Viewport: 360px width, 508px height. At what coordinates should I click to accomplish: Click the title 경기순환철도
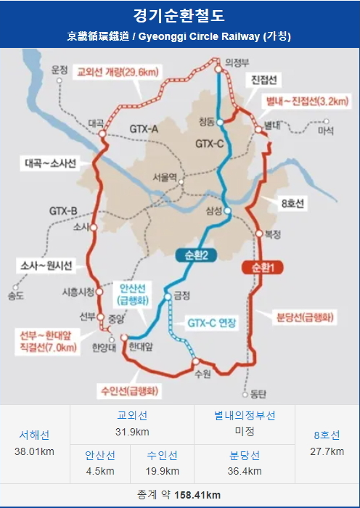[179, 15]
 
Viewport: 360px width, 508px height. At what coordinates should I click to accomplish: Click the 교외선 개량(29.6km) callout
[119, 72]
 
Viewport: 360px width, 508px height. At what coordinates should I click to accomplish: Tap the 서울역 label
[165, 176]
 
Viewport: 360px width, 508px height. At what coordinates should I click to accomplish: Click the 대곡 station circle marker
[102, 134]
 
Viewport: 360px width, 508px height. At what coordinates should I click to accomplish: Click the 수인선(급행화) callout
[131, 391]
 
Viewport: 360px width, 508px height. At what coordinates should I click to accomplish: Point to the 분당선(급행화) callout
[305, 317]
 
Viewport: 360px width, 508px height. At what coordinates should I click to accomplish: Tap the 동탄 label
[258, 395]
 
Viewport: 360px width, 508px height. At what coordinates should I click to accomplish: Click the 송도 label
[16, 295]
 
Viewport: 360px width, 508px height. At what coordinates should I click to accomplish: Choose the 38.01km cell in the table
[35, 451]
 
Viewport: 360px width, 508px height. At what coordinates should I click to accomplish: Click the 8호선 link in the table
[327, 435]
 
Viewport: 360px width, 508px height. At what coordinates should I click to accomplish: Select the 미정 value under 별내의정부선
[245, 431]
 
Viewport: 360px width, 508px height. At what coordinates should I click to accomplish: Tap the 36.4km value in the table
[245, 471]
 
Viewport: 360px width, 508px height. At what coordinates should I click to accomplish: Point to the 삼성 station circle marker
[228, 211]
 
